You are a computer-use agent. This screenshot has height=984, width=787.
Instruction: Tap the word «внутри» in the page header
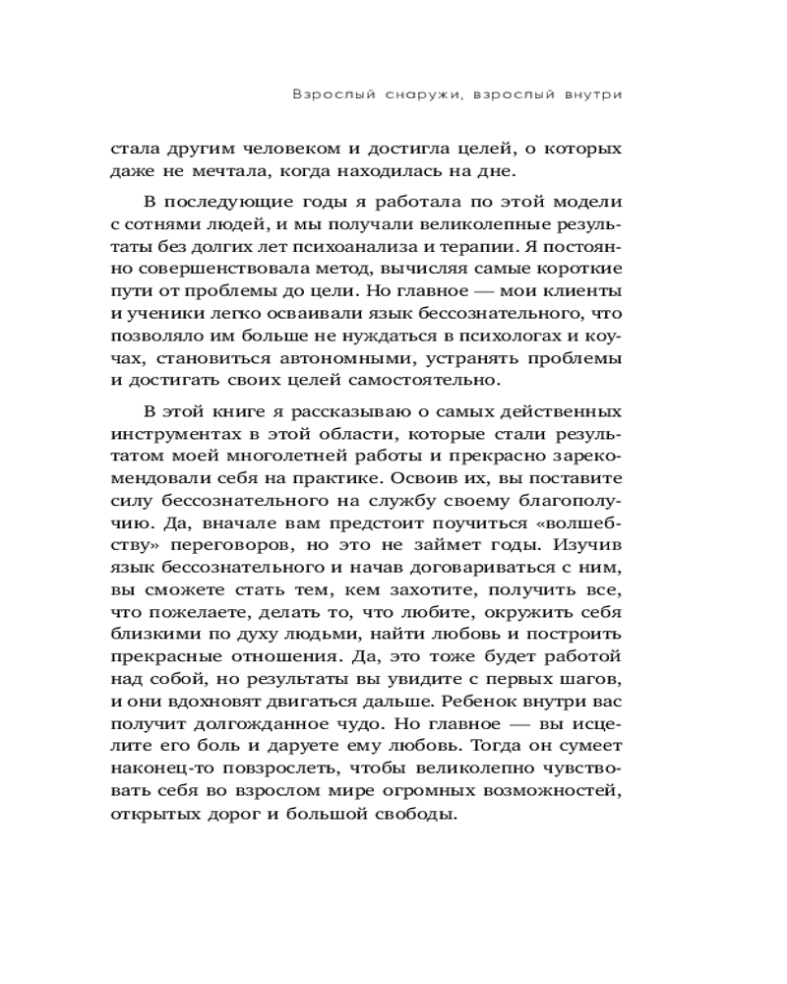click(592, 95)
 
